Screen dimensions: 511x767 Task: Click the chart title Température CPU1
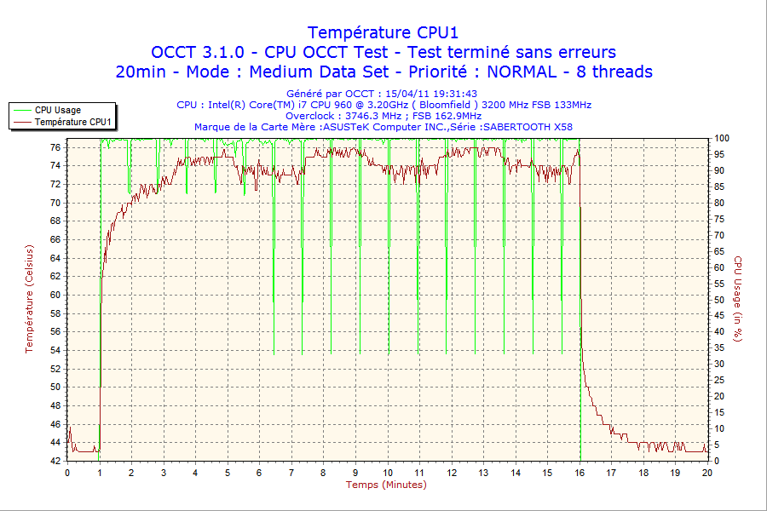click(383, 32)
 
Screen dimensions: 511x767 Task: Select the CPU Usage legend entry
click(58, 110)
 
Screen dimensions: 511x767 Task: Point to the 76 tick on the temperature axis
click(55, 147)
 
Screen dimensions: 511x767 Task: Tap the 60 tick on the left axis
click(55, 295)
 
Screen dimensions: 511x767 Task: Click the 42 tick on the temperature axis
click(55, 461)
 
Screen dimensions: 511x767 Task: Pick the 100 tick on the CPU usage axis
click(722, 138)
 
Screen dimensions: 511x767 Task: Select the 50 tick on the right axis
click(719, 300)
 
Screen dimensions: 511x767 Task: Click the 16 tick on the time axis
click(580, 473)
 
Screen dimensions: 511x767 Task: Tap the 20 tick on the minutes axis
click(707, 473)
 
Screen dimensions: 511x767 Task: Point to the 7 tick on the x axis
click(291, 473)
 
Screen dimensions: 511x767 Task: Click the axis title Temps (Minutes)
click(386, 485)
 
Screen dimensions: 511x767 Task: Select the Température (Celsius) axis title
click(30, 298)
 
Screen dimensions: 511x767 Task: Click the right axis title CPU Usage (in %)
click(738, 298)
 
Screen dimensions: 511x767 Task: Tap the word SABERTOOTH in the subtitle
click(516, 127)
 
